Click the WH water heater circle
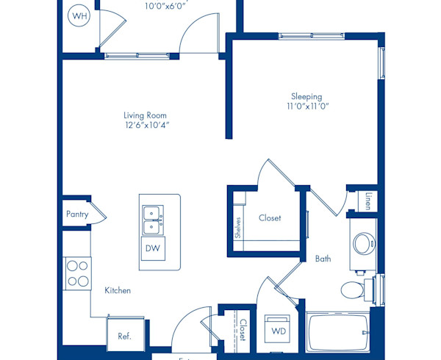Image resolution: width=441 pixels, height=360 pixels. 79,16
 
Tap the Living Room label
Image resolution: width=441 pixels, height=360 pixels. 145,115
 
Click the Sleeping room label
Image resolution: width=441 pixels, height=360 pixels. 306,96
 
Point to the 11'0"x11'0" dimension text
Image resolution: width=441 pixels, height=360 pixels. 306,107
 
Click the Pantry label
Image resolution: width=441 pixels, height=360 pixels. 76,215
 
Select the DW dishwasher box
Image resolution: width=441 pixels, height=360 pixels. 152,248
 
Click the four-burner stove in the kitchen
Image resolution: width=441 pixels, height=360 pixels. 77,273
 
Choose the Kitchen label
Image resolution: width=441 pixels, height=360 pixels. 117,291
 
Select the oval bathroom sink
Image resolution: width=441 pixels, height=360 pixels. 362,243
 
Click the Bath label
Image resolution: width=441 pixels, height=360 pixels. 323,259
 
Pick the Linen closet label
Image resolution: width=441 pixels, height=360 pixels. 368,201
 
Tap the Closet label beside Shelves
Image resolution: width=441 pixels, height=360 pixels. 270,218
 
